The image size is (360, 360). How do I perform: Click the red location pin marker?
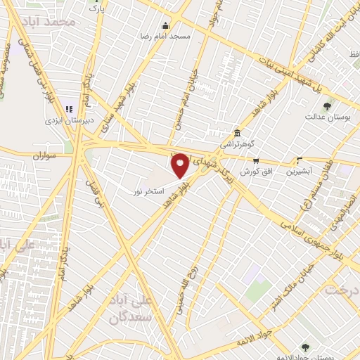pyautogui.click(x=181, y=166)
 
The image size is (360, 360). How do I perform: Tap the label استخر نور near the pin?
pyautogui.click(x=150, y=191)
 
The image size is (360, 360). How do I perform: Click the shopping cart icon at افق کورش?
pyautogui.click(x=257, y=161)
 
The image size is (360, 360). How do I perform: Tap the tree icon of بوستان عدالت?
pyautogui.click(x=327, y=106)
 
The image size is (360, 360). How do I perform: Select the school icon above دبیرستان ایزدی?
pyautogui.click(x=69, y=109)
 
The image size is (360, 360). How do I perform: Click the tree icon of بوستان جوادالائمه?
pyautogui.click(x=304, y=347)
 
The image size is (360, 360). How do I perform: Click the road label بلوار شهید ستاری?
pyautogui.click(x=112, y=112)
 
